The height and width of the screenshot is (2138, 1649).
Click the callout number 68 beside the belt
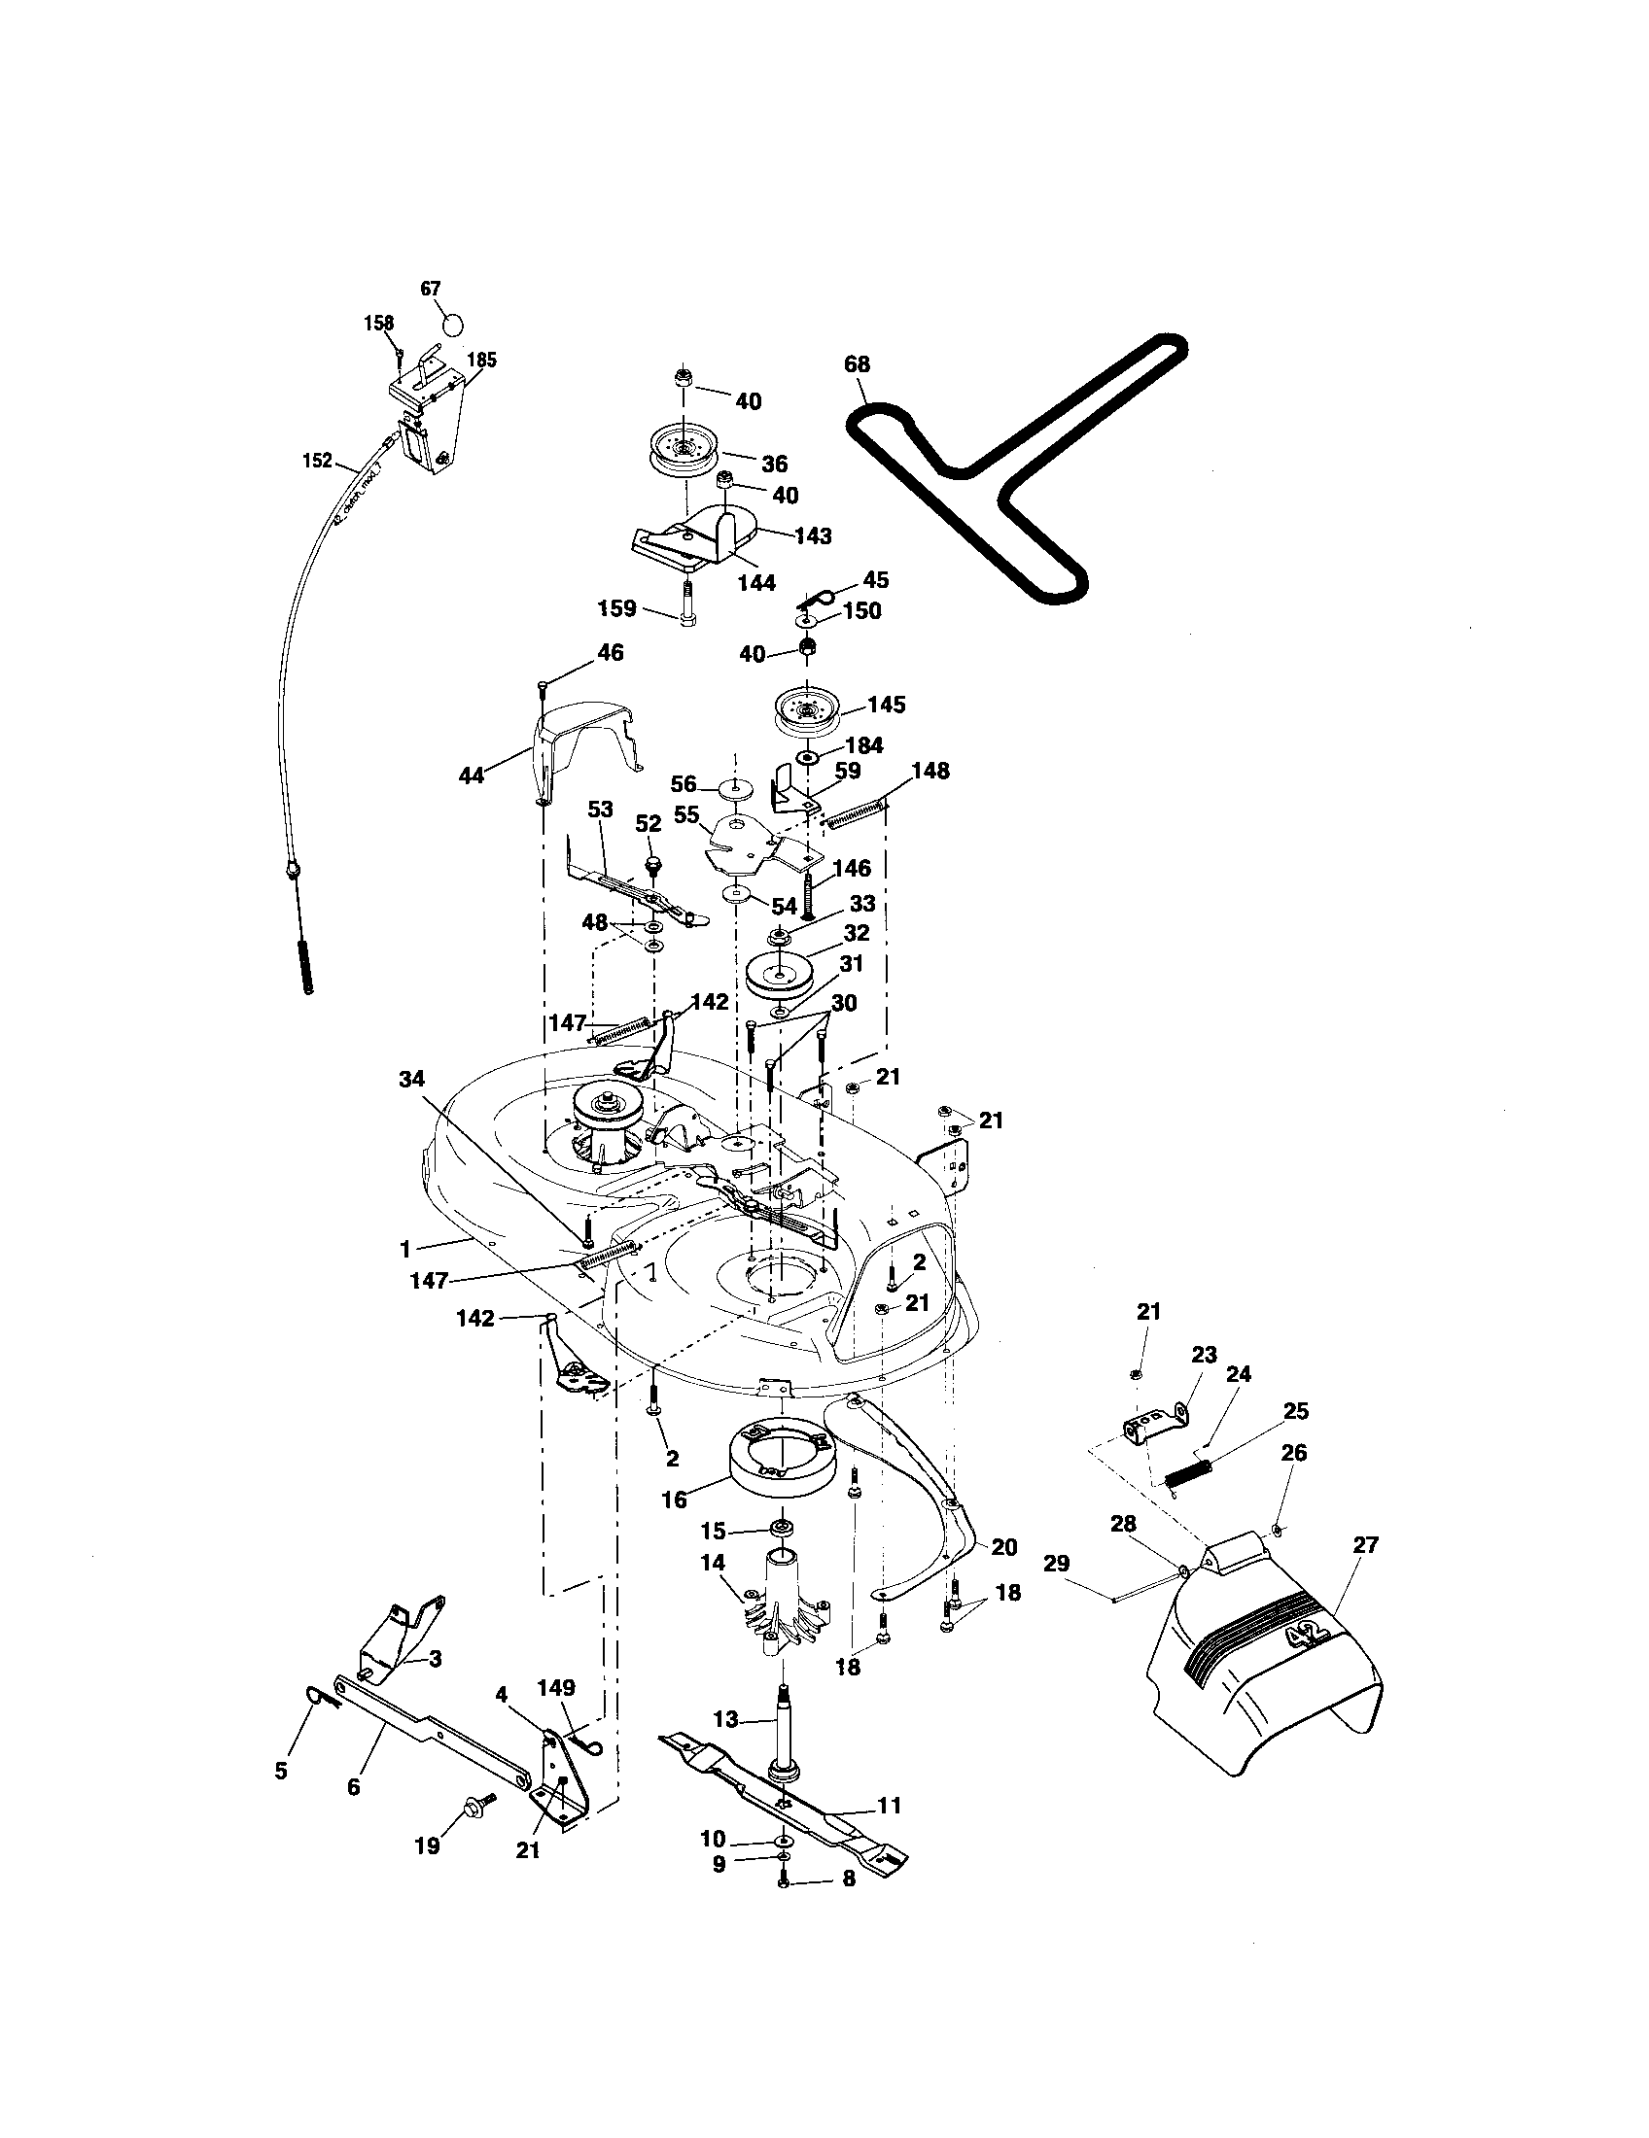pos(857,364)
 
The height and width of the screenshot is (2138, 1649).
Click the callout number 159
pos(616,609)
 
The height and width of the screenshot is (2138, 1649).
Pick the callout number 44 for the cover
pos(472,776)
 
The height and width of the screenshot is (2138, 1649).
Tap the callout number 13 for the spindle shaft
pos(725,1719)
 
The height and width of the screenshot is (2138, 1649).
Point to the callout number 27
pos(1365,1545)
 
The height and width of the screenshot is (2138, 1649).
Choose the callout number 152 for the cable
pos(317,460)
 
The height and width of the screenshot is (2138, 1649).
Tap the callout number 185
pos(482,360)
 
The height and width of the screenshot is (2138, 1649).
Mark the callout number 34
pos(412,1079)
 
